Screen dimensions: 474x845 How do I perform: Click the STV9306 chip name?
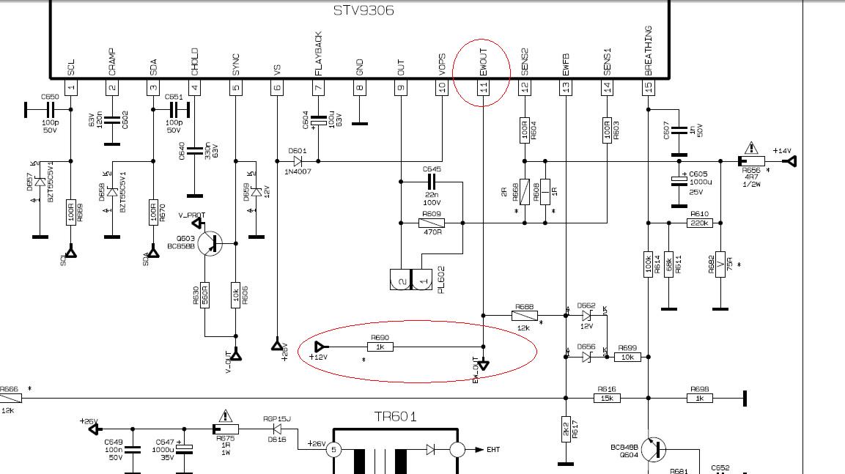[x=364, y=10]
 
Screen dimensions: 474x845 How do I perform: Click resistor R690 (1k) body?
[x=380, y=347]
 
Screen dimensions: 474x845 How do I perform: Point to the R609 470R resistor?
[x=432, y=223]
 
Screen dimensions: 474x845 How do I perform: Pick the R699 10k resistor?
[x=628, y=357]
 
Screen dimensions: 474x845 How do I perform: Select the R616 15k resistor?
[x=607, y=398]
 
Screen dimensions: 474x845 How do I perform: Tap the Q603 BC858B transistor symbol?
[x=211, y=243]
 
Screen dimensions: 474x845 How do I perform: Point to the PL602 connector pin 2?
[x=401, y=280]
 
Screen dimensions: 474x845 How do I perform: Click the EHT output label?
[x=492, y=449]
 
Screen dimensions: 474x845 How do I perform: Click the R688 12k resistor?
[x=525, y=316]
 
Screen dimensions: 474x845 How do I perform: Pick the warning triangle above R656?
[x=750, y=148]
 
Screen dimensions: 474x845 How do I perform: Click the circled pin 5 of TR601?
[x=333, y=449]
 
